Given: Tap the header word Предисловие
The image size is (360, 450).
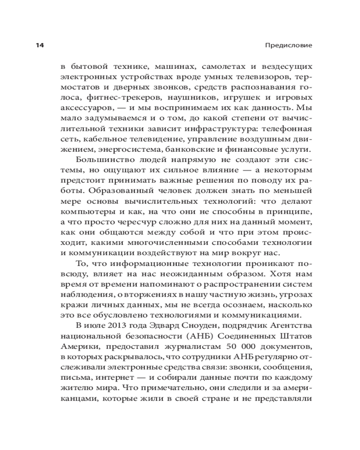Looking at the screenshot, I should click(x=292, y=45).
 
